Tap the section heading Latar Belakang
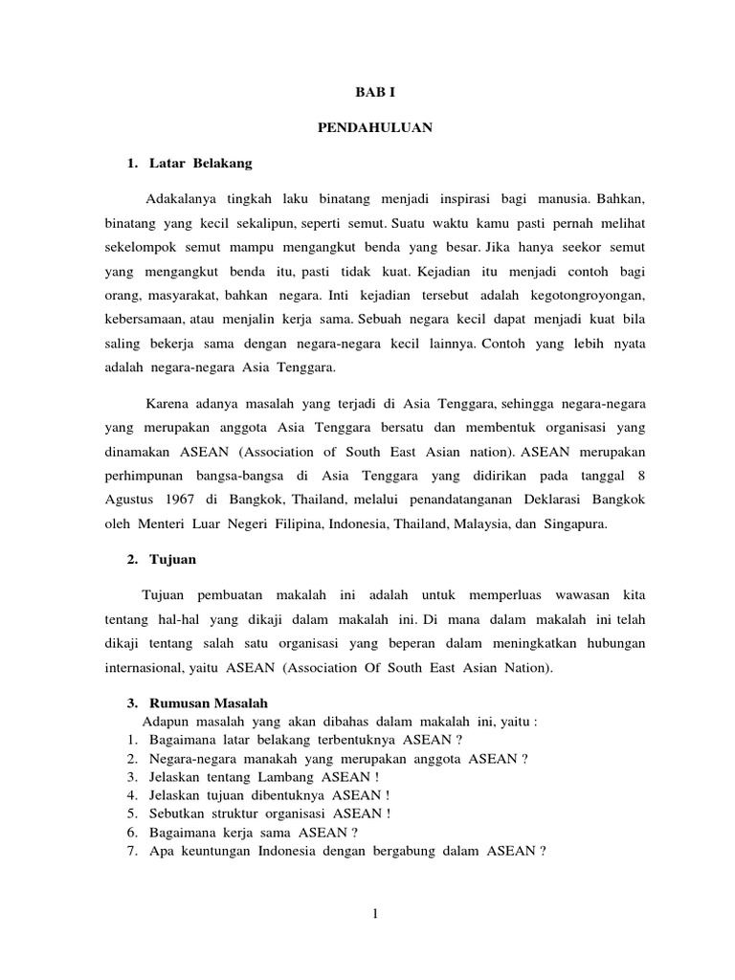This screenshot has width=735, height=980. point(201,164)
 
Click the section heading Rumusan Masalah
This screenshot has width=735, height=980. point(205,703)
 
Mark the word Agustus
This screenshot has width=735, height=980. point(131,501)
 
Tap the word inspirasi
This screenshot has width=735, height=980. point(468,200)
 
